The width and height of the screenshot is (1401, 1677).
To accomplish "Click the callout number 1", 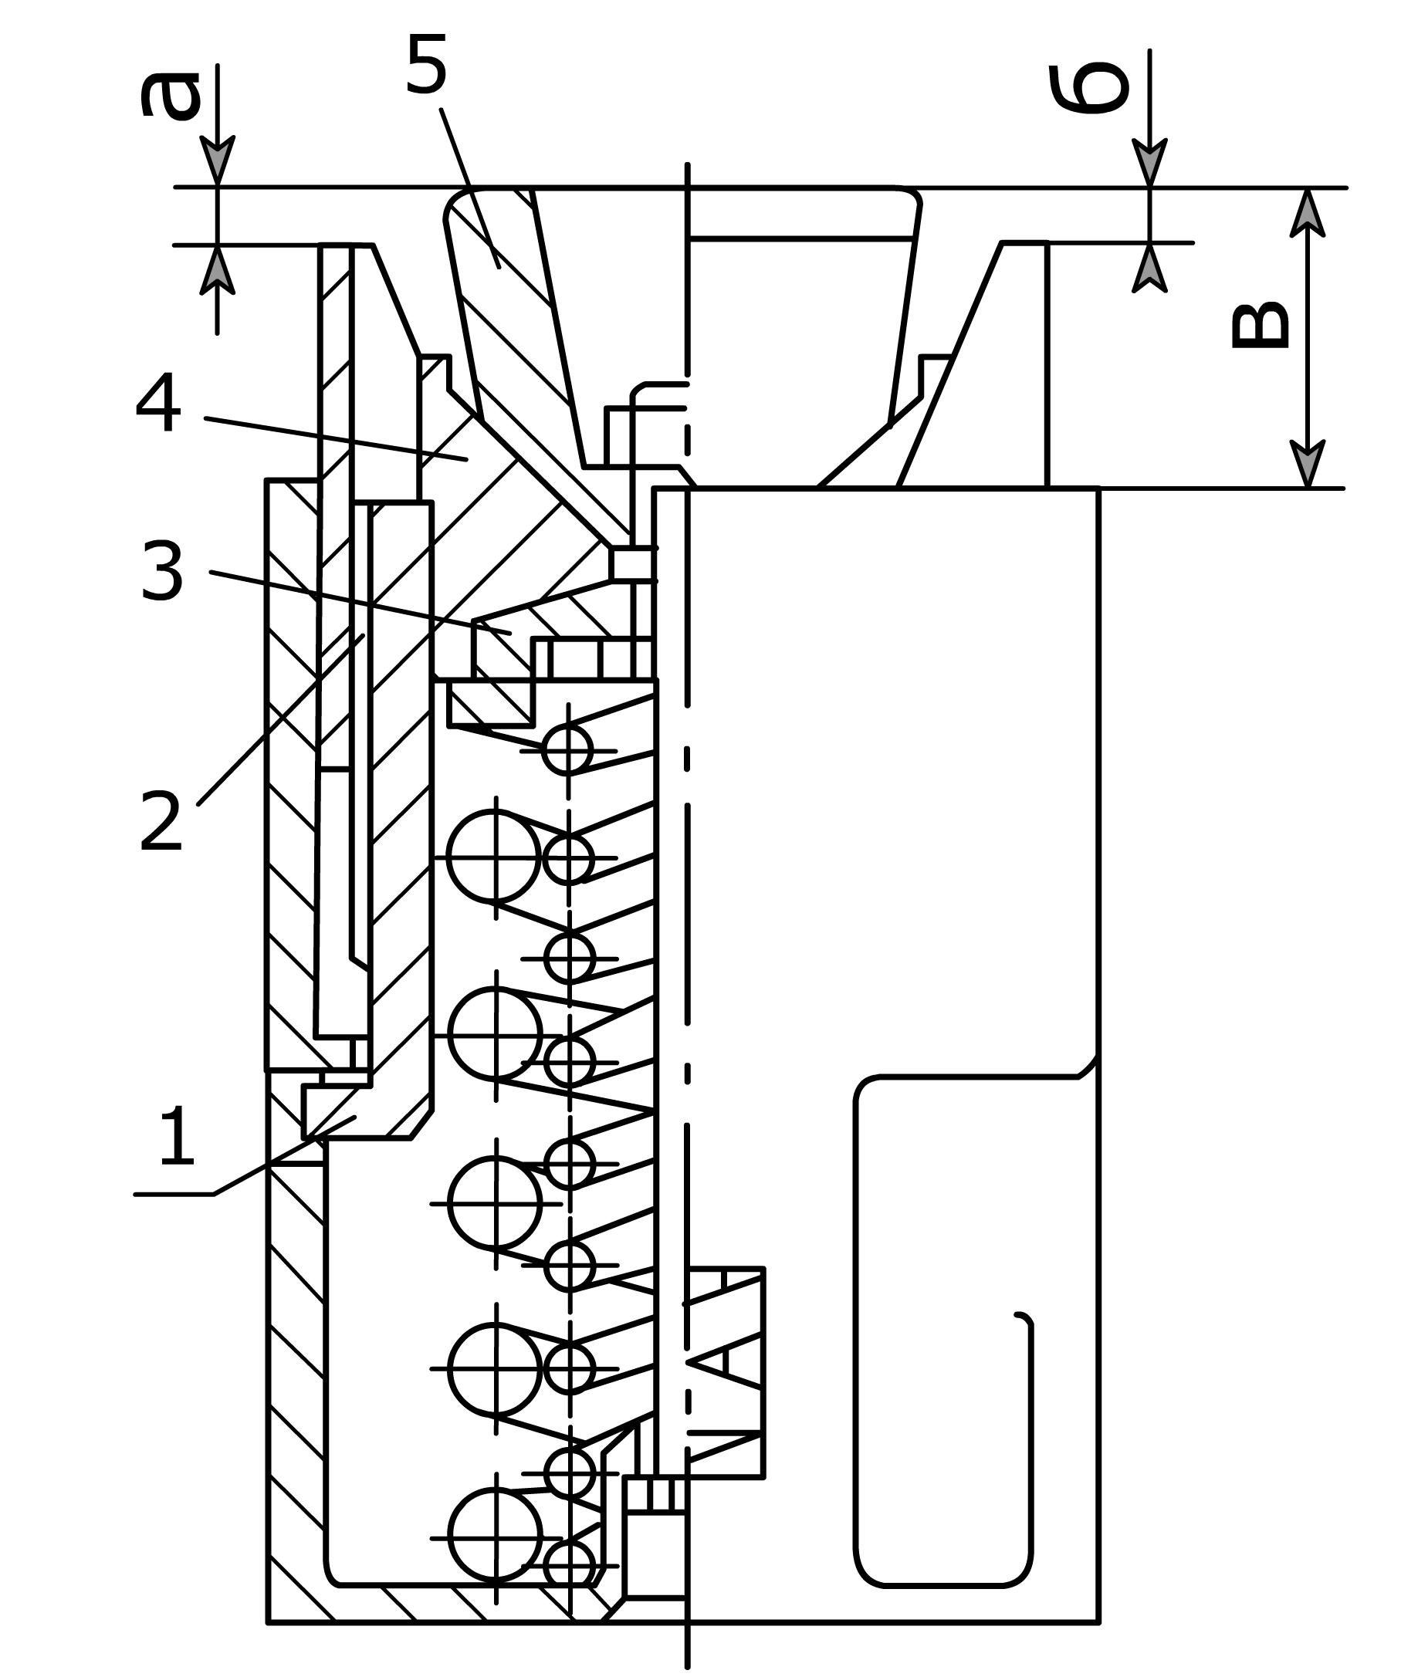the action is click(x=178, y=1136).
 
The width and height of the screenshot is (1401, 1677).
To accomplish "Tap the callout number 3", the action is click(x=162, y=571).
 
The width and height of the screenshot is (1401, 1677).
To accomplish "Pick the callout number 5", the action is click(x=426, y=65).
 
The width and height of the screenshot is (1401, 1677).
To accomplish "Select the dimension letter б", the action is click(x=1088, y=87).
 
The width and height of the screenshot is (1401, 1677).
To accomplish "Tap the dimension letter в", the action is click(x=1260, y=325).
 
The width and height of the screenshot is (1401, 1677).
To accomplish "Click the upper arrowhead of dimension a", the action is click(x=217, y=161).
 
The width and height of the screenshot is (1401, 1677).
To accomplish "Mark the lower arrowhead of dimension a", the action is click(x=217, y=270).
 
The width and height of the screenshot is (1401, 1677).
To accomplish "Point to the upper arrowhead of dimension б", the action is click(x=1149, y=163).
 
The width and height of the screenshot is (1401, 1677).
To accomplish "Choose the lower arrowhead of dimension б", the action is click(x=1149, y=268).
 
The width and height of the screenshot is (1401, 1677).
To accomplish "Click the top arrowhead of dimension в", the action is click(x=1307, y=212).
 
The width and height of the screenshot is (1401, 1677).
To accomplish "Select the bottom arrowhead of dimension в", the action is click(x=1307, y=463).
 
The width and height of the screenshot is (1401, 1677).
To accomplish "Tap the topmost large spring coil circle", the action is click(x=495, y=855).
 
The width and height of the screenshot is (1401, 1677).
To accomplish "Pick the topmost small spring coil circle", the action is click(x=568, y=750).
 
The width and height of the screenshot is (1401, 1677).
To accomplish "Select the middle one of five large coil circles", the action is click(x=496, y=1202).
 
